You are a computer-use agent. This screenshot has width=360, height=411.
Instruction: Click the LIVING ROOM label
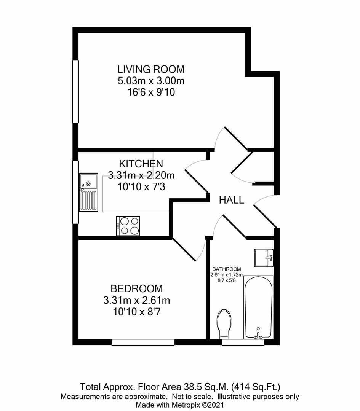pyautogui.click(x=151, y=70)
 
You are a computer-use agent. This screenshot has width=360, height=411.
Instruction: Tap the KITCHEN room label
pyautogui.click(x=141, y=164)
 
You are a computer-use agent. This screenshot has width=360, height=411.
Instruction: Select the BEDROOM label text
pyautogui.click(x=136, y=288)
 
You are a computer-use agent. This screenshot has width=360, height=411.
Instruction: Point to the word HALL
pyautogui.click(x=231, y=200)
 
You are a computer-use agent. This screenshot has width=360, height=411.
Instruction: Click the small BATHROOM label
pyautogui.click(x=227, y=269)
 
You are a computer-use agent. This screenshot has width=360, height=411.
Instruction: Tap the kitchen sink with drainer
pyautogui.click(x=88, y=192)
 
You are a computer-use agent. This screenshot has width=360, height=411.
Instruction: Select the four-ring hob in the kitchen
pyautogui.click(x=128, y=226)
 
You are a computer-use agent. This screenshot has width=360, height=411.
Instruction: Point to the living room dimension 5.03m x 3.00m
pyautogui.click(x=151, y=81)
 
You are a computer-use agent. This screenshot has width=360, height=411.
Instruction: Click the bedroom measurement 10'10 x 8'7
pyautogui.click(x=136, y=312)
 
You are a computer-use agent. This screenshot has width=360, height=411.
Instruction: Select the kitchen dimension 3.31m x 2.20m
pyautogui.click(x=141, y=175)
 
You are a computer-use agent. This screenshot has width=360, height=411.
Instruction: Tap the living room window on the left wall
pyautogui.click(x=76, y=91)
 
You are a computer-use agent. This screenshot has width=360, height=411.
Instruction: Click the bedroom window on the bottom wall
pyautogui.click(x=143, y=342)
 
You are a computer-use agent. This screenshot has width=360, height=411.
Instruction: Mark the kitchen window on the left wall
pyautogui.click(x=76, y=192)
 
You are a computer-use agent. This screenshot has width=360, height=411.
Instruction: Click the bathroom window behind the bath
pyautogui.click(x=243, y=342)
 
